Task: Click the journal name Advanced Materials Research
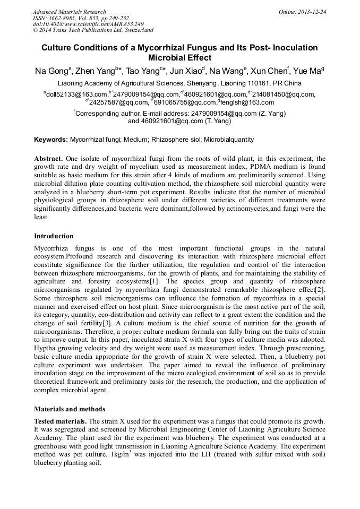point(69,12)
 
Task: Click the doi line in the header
point(88,24)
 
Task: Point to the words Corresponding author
point(106,113)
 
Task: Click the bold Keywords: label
point(51,140)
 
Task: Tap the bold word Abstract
point(49,159)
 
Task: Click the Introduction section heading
point(54,236)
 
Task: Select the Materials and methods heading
point(70,409)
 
